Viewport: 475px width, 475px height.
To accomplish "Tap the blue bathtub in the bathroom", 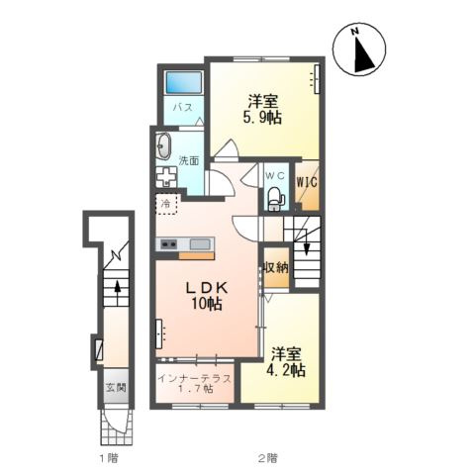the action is pos(184,82).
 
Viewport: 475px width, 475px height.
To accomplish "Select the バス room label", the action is pos(183,107).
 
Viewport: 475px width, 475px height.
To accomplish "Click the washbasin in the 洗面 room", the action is pos(163,146).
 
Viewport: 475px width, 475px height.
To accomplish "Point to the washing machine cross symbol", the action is pos(166,177).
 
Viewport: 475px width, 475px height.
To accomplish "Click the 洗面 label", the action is pos(189,160).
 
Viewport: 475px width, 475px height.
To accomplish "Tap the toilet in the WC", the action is pos(276,199).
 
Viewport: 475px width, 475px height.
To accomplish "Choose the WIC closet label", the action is pos(307,182).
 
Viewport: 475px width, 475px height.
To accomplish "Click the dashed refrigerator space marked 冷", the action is pos(167,204).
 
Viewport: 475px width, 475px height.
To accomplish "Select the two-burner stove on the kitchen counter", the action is pos(168,244).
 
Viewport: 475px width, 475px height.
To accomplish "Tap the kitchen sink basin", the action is pos(200,244).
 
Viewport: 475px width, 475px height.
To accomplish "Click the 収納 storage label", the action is pos(276,267).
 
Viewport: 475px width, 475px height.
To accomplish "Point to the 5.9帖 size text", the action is pos(262,117).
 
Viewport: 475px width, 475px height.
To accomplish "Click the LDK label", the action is pos(207,288).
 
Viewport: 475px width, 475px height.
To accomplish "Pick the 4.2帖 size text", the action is pos(286,370).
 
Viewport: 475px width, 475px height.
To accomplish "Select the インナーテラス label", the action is pos(194,379).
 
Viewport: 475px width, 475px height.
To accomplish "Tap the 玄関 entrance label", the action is pos(116,387).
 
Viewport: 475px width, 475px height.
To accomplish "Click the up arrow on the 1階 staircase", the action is pos(117,289).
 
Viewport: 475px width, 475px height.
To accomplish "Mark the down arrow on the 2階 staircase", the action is pos(307,243).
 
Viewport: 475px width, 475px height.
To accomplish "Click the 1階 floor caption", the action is pos(109,458).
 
